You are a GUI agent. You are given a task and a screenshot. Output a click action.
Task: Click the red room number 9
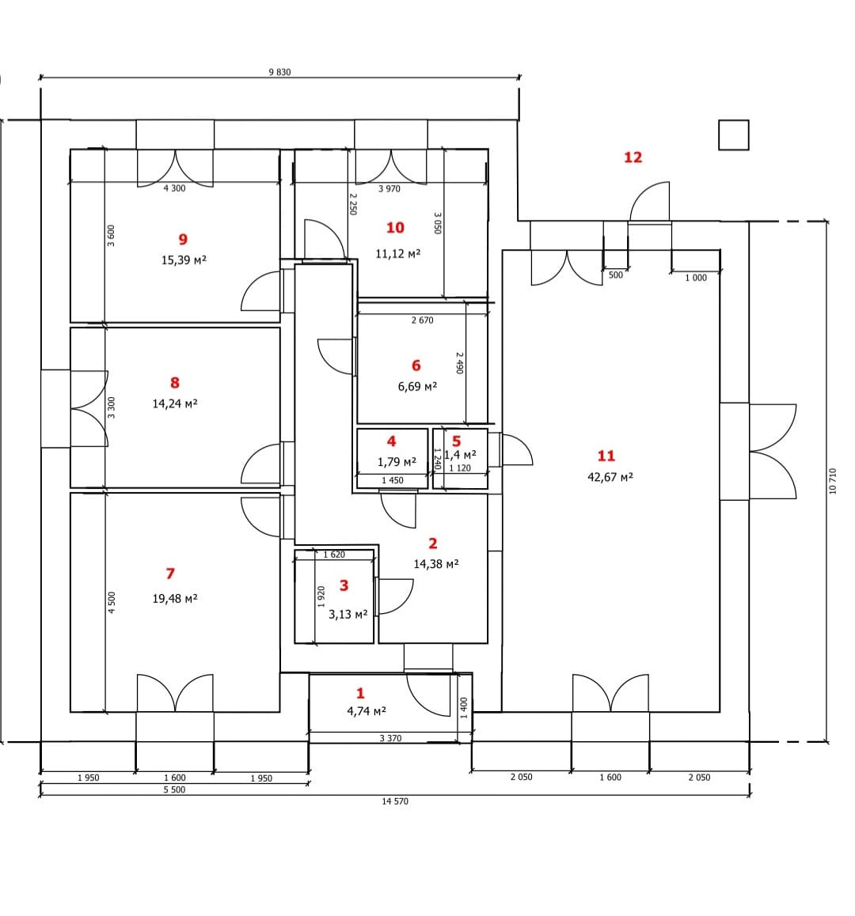click(x=183, y=239)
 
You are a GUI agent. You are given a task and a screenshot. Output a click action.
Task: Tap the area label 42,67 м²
click(x=610, y=477)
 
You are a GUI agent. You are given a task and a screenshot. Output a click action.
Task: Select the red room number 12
click(x=633, y=157)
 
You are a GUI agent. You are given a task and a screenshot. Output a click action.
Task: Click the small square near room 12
click(x=733, y=134)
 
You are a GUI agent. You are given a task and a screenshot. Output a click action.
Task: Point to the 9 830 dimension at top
click(x=279, y=72)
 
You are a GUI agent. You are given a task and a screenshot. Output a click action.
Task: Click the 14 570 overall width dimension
click(x=395, y=801)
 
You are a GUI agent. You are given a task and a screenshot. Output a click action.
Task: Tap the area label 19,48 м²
click(x=175, y=599)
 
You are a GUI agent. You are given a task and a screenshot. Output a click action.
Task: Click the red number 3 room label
click(x=344, y=585)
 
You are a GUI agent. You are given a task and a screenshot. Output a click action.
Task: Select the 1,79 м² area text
click(x=397, y=461)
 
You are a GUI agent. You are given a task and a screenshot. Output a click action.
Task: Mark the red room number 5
click(x=456, y=441)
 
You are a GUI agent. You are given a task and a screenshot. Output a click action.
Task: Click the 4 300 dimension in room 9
click(x=174, y=188)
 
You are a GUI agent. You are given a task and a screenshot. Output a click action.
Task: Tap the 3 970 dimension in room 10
click(x=389, y=188)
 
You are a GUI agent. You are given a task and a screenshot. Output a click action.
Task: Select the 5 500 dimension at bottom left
click(x=174, y=789)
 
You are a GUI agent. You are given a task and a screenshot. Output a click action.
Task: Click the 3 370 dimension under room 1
click(x=390, y=738)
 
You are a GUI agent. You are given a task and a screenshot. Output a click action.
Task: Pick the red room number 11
click(x=606, y=456)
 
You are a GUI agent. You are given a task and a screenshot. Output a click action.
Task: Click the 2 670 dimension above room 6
click(x=422, y=320)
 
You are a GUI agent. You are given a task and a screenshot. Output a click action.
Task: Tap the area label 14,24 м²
click(x=174, y=403)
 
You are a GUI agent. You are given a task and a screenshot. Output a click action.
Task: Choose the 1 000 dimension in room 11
click(x=696, y=278)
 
